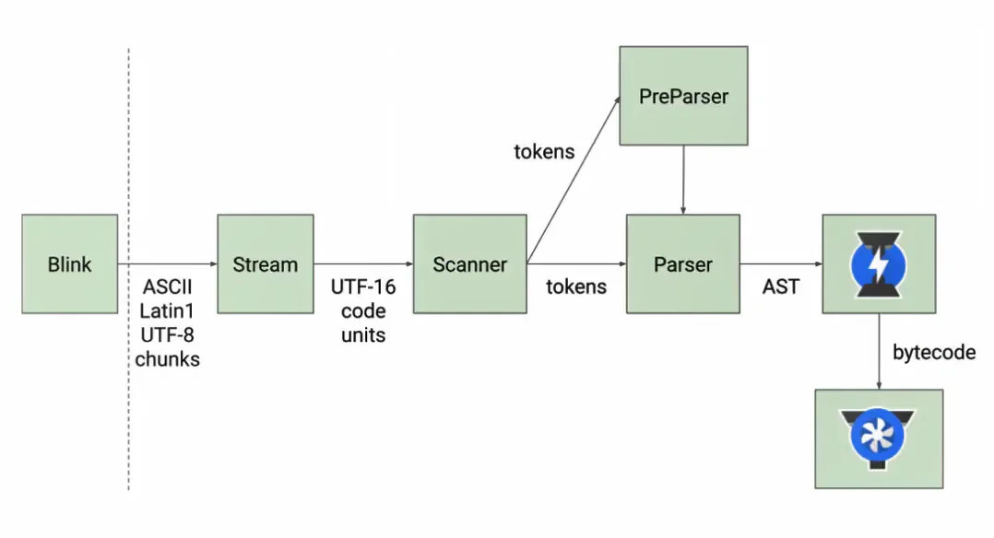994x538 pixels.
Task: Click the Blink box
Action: pyautogui.click(x=70, y=264)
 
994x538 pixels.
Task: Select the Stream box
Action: pyautogui.click(x=265, y=264)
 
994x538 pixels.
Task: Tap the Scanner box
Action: pyautogui.click(x=469, y=264)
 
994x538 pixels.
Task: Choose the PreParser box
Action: pyautogui.click(x=683, y=96)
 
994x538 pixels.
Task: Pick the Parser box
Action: pyautogui.click(x=682, y=264)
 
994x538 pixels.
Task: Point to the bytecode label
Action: pyautogui.click(x=934, y=353)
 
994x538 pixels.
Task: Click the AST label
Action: pyautogui.click(x=780, y=287)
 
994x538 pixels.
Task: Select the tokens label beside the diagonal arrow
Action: pyautogui.click(x=544, y=151)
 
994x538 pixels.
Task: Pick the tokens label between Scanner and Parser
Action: pyautogui.click(x=576, y=287)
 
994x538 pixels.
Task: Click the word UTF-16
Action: pyautogui.click(x=363, y=287)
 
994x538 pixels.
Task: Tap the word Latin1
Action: pyautogui.click(x=167, y=310)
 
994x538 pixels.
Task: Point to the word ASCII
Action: pyautogui.click(x=167, y=287)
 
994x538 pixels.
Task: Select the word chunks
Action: pyautogui.click(x=167, y=359)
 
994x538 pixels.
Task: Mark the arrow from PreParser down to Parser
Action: pyautogui.click(x=683, y=180)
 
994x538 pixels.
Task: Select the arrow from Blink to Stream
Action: pyautogui.click(x=167, y=264)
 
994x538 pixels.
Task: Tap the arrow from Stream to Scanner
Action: pyautogui.click(x=363, y=264)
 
